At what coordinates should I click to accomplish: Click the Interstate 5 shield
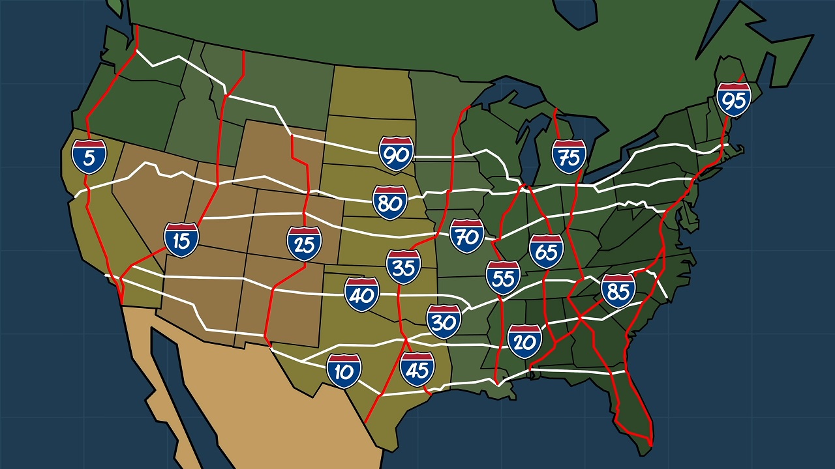[89, 156]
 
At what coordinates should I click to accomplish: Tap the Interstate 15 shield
[181, 240]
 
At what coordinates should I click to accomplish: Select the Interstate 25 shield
[304, 244]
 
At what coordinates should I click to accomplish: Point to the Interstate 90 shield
[396, 154]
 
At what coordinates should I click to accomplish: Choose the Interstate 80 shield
[390, 202]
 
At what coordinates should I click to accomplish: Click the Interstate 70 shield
[467, 236]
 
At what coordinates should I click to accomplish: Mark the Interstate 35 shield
[403, 267]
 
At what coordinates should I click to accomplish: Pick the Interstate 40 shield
[362, 294]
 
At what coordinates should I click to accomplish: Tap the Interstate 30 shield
[444, 321]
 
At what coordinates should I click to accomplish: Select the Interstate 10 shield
[344, 371]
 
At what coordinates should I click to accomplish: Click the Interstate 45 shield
[417, 369]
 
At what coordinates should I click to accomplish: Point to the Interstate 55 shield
[503, 277]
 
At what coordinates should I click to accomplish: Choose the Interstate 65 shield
[547, 251]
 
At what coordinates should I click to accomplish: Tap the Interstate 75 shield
[569, 156]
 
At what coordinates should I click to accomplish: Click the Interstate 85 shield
[618, 291]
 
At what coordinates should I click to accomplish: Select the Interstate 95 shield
[734, 100]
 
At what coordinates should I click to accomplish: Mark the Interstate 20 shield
[524, 341]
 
